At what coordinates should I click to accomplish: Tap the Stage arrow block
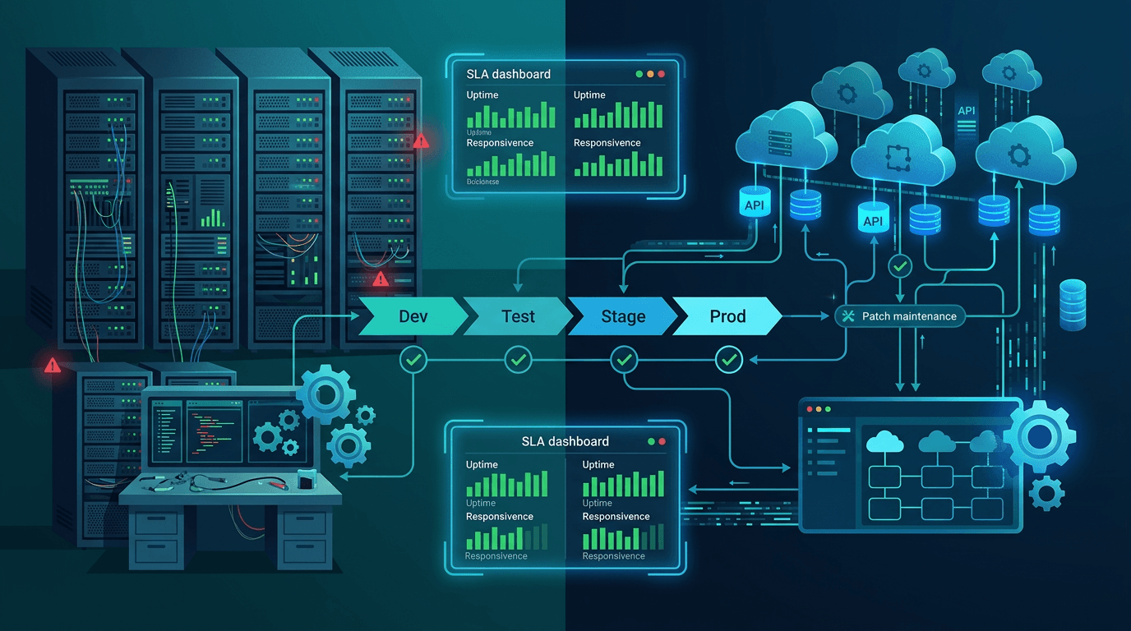623,316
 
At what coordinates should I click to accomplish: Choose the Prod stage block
727,316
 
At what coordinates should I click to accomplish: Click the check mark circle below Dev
412,359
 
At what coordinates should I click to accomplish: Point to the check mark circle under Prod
729,359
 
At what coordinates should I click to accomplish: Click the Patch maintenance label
909,316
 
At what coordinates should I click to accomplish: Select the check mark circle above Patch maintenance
902,266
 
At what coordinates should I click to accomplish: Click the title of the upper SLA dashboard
509,74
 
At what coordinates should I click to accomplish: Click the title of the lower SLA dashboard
565,441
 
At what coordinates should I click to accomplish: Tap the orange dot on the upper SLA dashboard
650,74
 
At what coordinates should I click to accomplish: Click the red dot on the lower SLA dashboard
662,441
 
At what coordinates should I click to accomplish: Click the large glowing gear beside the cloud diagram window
1040,435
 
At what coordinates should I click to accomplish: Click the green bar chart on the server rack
213,218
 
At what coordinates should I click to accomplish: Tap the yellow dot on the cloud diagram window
818,409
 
